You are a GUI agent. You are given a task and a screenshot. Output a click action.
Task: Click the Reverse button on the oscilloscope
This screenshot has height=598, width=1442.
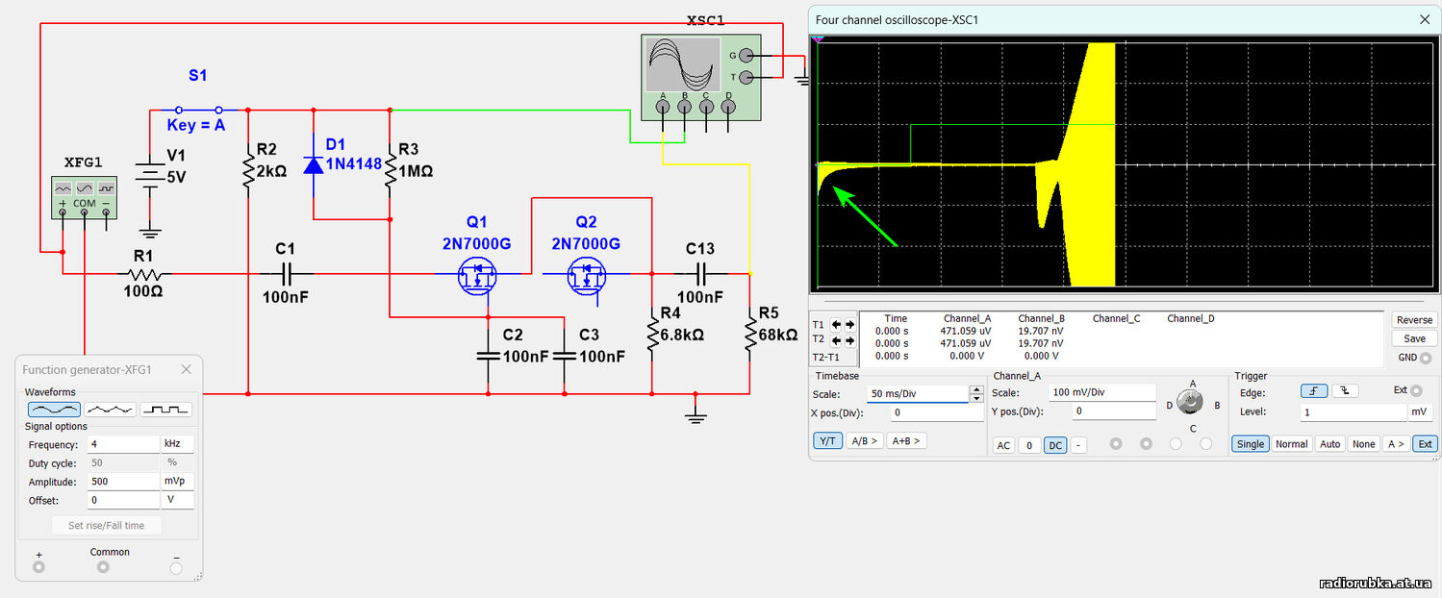[1414, 320]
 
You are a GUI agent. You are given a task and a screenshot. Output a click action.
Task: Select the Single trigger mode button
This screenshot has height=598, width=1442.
[1250, 443]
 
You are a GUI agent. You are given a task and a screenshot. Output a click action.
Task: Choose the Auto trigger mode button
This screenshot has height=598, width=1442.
[1329, 443]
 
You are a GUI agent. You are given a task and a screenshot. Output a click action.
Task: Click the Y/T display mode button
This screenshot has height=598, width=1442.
[826, 440]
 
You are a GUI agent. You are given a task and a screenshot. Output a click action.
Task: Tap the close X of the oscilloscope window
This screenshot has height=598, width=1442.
[1425, 19]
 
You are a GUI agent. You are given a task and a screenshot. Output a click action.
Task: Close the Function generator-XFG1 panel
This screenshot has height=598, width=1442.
[187, 369]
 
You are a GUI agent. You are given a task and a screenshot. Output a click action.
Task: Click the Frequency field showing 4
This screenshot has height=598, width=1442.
[122, 445]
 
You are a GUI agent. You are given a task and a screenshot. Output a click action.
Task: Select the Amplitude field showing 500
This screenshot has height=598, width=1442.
[122, 482]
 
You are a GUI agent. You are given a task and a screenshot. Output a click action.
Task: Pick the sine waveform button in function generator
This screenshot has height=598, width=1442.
[53, 409]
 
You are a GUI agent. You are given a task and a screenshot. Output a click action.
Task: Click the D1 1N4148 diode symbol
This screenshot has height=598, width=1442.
[314, 164]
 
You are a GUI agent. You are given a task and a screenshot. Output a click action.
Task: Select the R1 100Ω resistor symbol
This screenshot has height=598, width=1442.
[143, 274]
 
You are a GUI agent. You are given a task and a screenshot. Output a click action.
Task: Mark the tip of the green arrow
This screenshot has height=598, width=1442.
[834, 189]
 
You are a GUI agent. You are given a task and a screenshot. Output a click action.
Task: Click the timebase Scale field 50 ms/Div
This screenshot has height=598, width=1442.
[917, 393]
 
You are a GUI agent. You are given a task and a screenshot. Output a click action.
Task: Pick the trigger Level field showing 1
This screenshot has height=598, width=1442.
[1353, 411]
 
